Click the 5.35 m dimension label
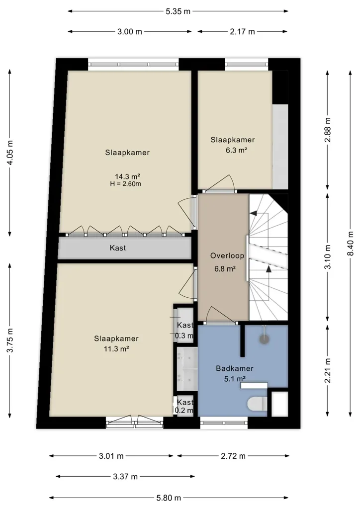click(x=178, y=11)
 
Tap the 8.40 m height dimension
click(x=350, y=244)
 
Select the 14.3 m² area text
click(x=128, y=176)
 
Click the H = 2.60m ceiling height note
click(x=126, y=184)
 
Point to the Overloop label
click(x=227, y=256)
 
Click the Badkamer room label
click(x=234, y=368)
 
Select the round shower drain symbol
click(x=265, y=339)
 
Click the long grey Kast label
click(x=118, y=248)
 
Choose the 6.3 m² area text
click(x=237, y=150)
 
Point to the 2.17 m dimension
click(x=243, y=31)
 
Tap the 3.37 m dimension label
click(x=125, y=477)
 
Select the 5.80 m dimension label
click(x=169, y=498)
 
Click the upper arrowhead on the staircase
click(x=253, y=213)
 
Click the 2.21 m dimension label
click(x=328, y=370)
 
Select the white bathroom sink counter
click(x=254, y=386)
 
